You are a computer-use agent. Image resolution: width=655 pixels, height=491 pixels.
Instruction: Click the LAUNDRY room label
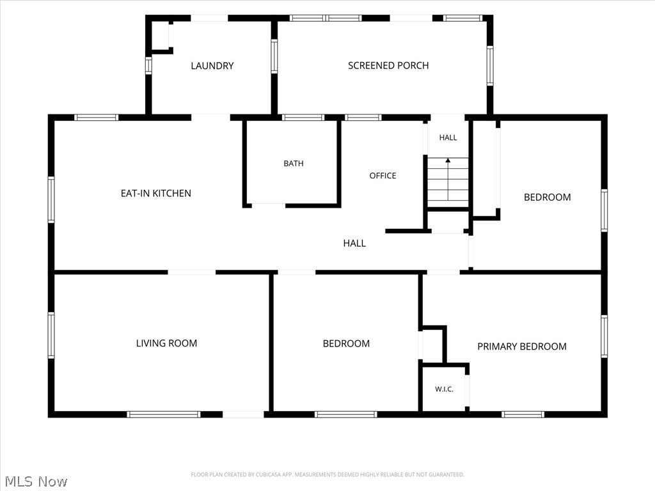click(212, 66)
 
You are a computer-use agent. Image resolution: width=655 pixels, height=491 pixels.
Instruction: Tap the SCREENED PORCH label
click(388, 66)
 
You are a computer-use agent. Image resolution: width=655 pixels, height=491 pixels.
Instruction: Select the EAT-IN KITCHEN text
click(156, 193)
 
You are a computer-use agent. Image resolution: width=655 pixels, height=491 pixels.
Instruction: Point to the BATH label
click(294, 164)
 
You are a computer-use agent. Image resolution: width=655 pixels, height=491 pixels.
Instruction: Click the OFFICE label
click(383, 176)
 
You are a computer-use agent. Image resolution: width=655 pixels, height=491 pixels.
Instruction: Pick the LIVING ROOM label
click(166, 343)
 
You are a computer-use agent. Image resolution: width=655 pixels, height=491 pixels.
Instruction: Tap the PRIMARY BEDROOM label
click(522, 347)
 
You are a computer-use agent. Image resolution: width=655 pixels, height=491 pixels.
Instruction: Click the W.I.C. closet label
click(444, 389)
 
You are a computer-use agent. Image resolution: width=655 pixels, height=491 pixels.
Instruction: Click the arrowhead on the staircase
click(448, 160)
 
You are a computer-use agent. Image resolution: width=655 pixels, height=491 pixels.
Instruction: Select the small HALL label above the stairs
click(448, 138)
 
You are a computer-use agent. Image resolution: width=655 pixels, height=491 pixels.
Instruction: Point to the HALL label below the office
click(354, 244)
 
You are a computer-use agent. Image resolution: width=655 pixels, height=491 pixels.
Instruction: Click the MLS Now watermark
click(36, 481)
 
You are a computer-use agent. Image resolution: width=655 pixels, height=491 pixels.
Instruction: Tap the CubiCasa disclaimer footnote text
click(327, 475)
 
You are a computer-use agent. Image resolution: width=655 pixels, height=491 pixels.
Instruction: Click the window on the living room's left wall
click(51, 335)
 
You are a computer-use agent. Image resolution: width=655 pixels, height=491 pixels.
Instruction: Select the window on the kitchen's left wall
click(51, 199)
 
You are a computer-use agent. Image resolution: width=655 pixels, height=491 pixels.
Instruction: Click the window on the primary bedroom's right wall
click(604, 336)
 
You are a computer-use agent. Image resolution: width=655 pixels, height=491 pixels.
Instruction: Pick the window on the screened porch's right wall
click(490, 66)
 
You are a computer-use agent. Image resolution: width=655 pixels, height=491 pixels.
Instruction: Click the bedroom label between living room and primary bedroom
click(346, 343)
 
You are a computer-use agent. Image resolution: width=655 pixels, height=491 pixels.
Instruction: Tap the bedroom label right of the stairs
click(548, 198)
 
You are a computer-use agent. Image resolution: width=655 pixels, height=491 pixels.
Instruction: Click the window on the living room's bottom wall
click(164, 414)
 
